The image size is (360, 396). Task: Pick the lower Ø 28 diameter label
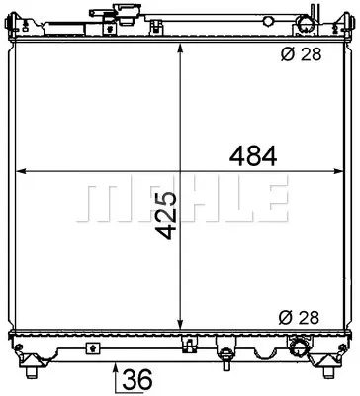[x=301, y=318]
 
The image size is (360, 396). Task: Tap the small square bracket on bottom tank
[x=92, y=348]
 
